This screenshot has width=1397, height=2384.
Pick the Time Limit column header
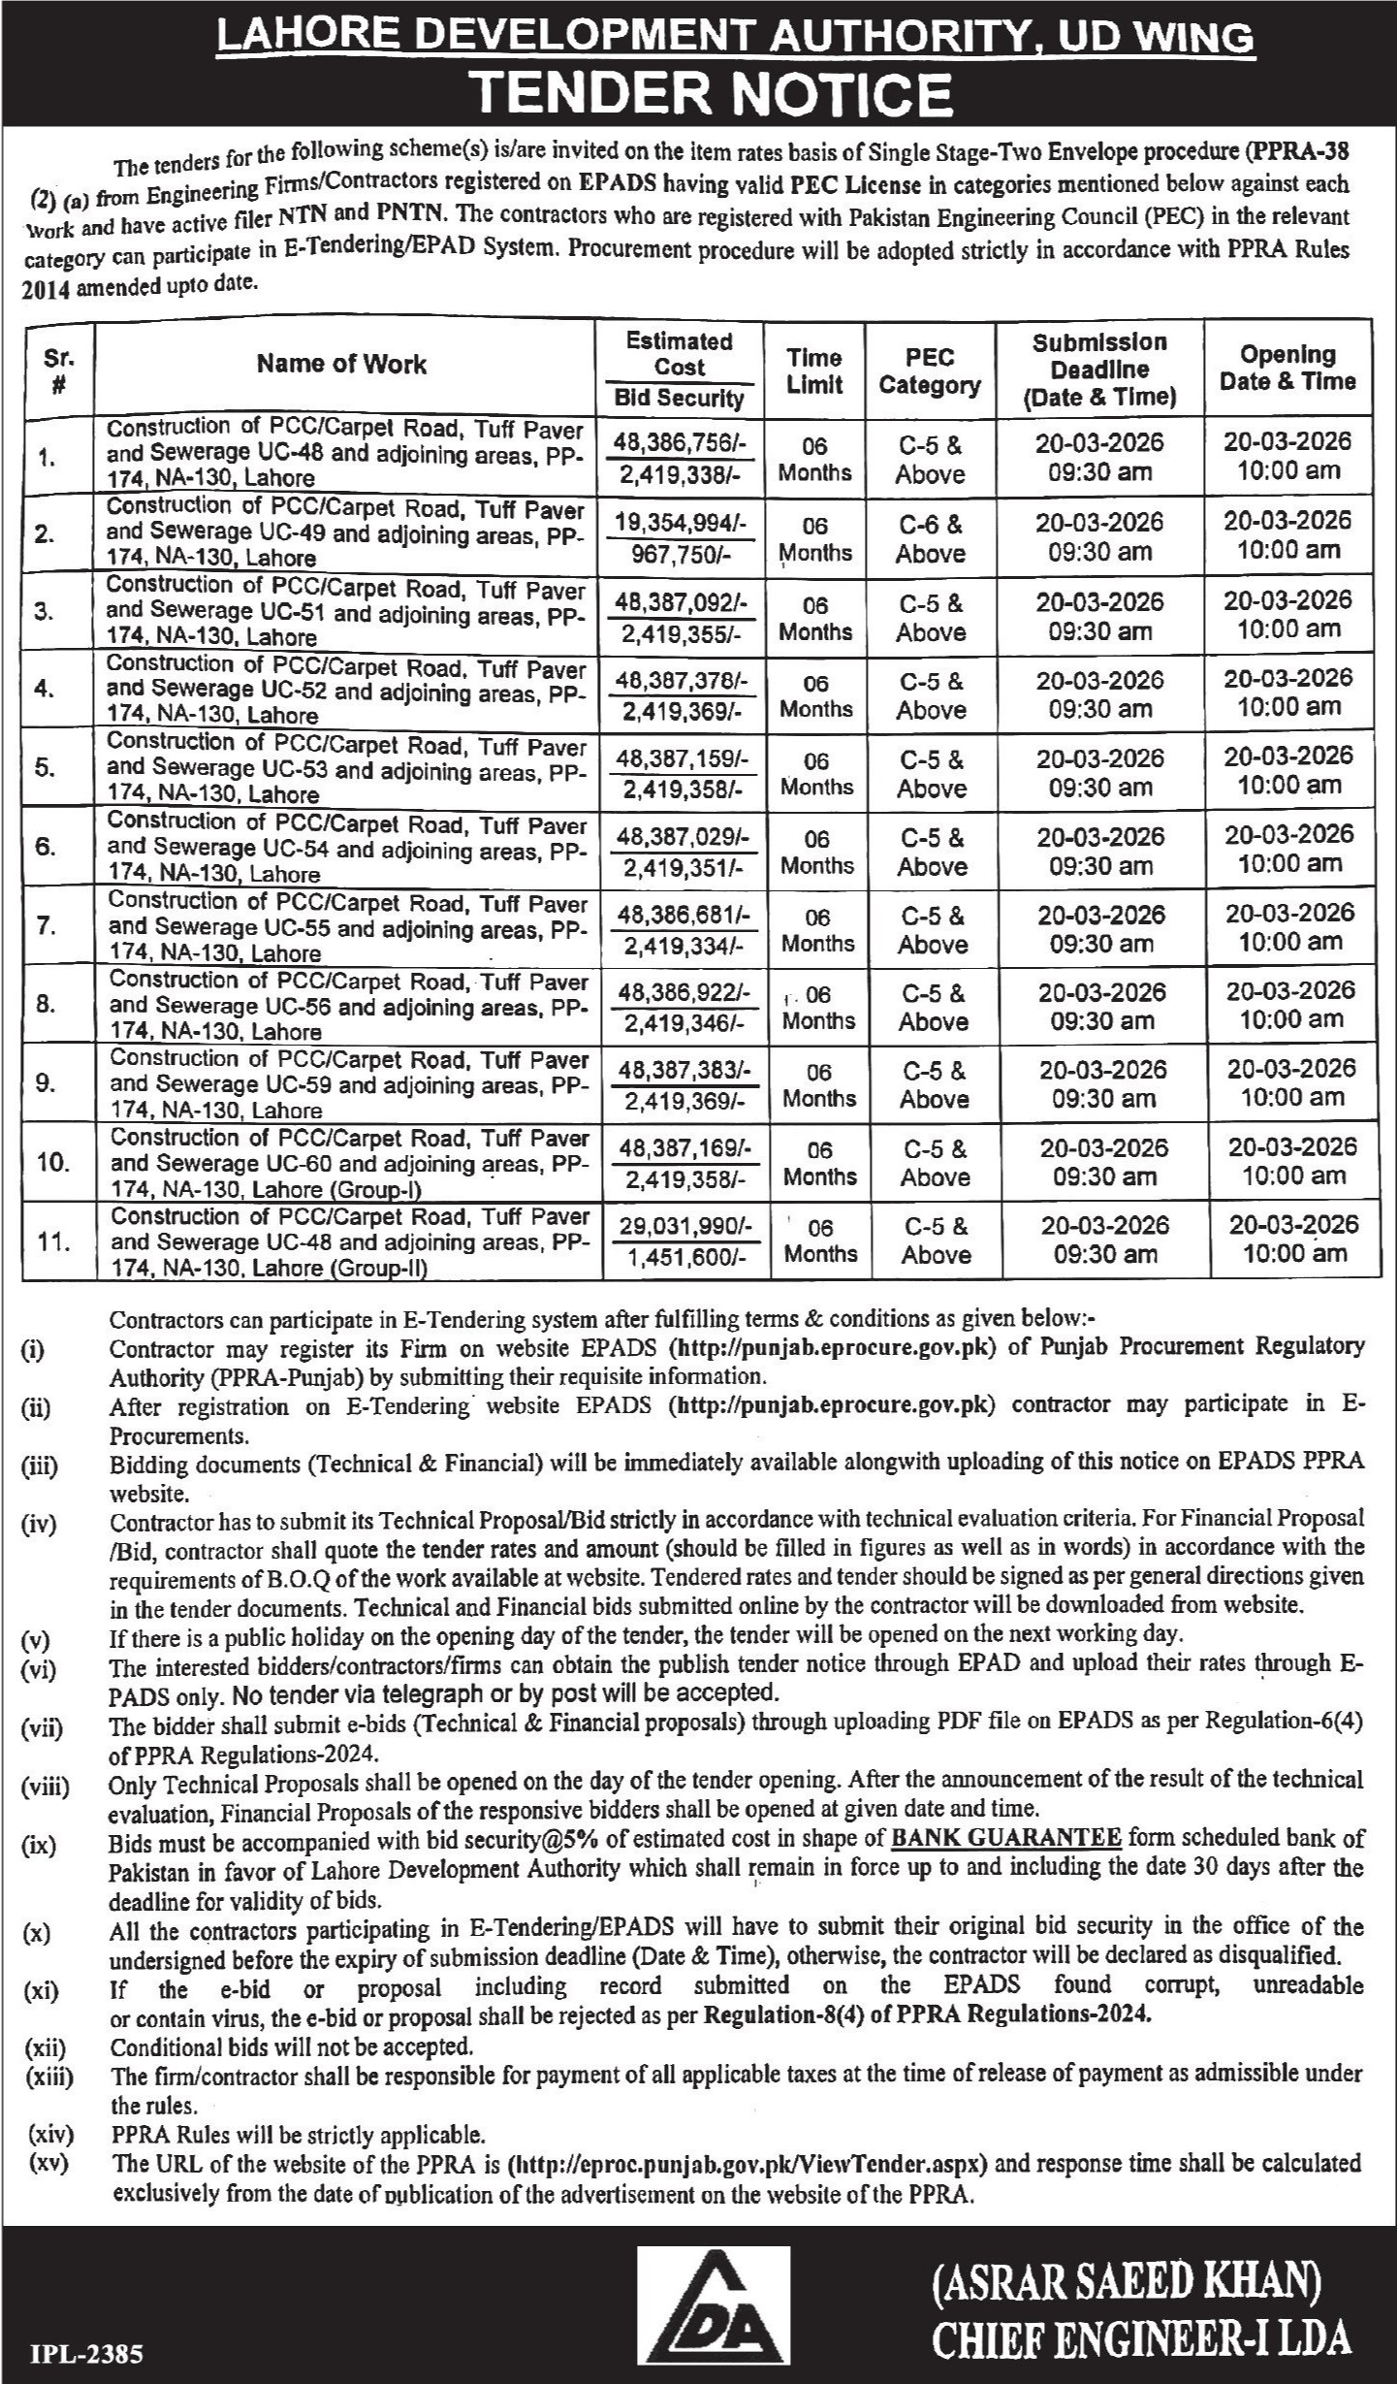[814, 370]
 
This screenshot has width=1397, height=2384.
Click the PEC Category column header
[929, 370]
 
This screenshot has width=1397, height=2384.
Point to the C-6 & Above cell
[931, 539]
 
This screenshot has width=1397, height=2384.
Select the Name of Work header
[341, 365]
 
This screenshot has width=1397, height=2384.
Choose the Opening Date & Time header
[1286, 369]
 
